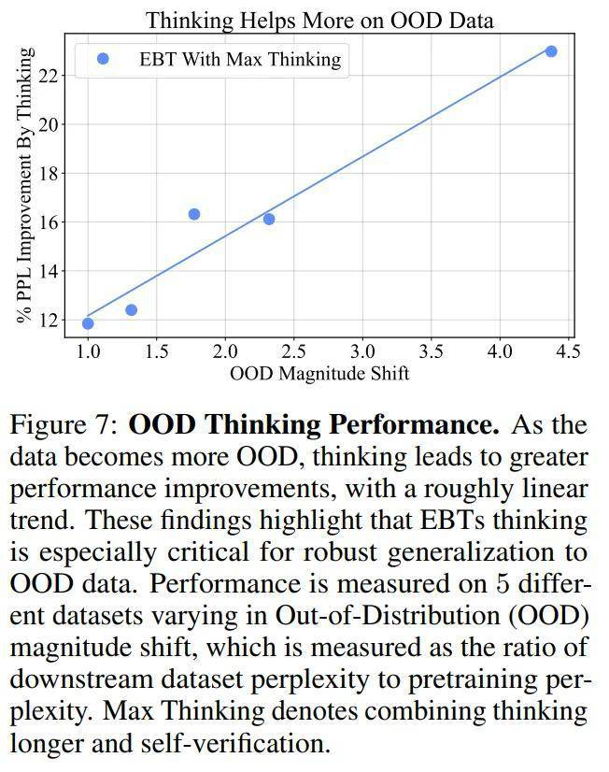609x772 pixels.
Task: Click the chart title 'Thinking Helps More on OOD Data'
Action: [x=319, y=19]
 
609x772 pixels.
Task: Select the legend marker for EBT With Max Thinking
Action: [x=103, y=59]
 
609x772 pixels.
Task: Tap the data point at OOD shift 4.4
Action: [x=551, y=50]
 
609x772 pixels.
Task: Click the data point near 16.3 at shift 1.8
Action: [x=194, y=214]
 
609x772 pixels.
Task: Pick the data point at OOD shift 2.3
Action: [x=269, y=219]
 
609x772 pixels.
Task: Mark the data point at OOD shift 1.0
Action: [x=88, y=323]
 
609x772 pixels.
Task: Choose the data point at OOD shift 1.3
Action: [x=131, y=309]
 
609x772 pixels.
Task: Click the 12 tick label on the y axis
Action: [x=50, y=321]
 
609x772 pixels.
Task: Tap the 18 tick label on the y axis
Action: [x=50, y=173]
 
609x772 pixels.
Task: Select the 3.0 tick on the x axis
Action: [x=362, y=351]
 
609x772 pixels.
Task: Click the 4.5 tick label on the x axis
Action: [x=568, y=351]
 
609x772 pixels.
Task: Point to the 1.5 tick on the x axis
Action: [x=156, y=351]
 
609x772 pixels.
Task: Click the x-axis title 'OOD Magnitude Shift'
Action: [x=319, y=374]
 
